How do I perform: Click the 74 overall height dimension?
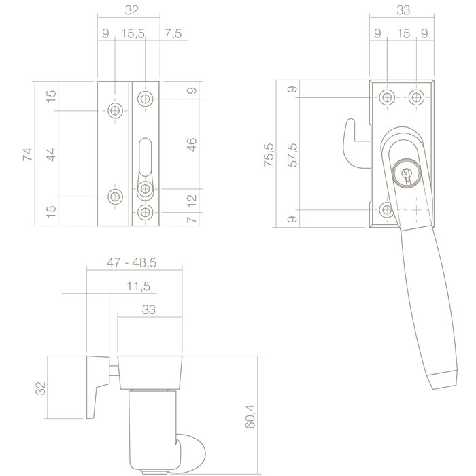coord(28,154)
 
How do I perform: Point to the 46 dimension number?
coord(192,144)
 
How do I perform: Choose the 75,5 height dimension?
coord(270,154)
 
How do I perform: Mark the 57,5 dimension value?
coord(293,154)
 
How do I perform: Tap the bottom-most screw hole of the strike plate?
coord(144,213)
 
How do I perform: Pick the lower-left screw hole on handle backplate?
coord(386,209)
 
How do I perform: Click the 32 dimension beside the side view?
coord(40,388)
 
